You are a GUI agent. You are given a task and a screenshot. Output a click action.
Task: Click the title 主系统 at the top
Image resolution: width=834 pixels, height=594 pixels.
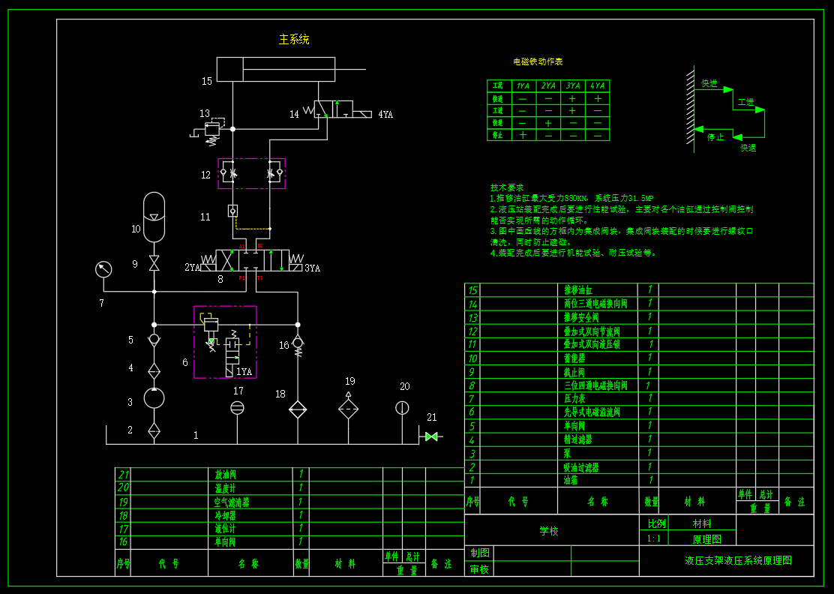(x=294, y=39)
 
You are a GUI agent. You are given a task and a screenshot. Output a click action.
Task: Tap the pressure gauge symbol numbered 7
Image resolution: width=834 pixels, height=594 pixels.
(x=103, y=268)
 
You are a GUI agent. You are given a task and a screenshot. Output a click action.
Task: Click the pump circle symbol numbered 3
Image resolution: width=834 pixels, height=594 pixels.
(x=154, y=398)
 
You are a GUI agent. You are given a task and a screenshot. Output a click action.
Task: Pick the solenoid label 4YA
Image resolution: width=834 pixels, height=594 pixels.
(x=385, y=115)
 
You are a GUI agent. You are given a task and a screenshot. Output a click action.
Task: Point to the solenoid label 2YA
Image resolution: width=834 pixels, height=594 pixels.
(x=192, y=268)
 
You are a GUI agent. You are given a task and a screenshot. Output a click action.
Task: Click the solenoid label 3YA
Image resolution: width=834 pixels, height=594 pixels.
(x=312, y=268)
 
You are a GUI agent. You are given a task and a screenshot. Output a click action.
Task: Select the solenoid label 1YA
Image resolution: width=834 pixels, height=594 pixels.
(x=244, y=371)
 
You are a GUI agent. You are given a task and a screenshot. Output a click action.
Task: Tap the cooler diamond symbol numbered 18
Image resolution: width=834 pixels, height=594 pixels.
(x=298, y=409)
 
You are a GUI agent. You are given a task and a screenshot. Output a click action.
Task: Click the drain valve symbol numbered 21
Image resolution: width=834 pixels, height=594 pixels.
(x=431, y=436)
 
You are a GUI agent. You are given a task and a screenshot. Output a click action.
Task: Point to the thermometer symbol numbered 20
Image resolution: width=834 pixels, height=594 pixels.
(x=402, y=407)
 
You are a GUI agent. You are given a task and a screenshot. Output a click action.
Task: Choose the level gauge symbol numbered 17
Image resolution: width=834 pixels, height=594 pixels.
(x=237, y=407)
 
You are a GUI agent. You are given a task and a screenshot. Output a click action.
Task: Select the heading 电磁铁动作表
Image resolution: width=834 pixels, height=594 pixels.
(x=538, y=61)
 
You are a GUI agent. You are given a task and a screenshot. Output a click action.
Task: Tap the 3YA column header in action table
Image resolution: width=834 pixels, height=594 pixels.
(x=573, y=86)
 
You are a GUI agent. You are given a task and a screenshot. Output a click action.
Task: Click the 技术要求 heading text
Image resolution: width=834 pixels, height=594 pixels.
(x=507, y=187)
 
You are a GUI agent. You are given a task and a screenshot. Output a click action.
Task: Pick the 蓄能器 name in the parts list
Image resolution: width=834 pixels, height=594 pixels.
(x=577, y=358)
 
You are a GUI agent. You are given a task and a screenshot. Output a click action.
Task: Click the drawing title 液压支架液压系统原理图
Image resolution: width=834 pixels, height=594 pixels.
(x=738, y=560)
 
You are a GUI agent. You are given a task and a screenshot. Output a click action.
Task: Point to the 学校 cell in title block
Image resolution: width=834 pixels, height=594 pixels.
(x=549, y=531)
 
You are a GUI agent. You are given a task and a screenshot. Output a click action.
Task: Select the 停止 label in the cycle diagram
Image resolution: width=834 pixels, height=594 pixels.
(x=715, y=137)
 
